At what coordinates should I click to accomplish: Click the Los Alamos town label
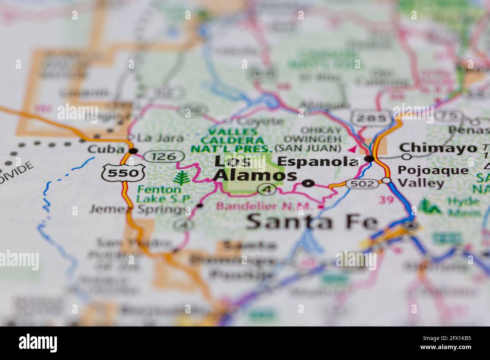255,168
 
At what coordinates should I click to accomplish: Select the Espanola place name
317,161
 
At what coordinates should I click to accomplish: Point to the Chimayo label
438,148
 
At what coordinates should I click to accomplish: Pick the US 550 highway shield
123,172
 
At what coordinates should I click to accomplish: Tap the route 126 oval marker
164,156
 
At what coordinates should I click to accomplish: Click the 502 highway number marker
362,183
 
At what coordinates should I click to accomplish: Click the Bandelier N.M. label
265,206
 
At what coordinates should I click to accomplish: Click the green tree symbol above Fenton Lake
183,178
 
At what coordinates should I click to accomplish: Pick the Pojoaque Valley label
433,177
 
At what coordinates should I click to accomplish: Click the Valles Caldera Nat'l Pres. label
231,140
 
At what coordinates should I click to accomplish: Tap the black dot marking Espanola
370,159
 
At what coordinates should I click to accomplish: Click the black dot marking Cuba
133,151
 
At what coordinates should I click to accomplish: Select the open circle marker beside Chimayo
406,156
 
